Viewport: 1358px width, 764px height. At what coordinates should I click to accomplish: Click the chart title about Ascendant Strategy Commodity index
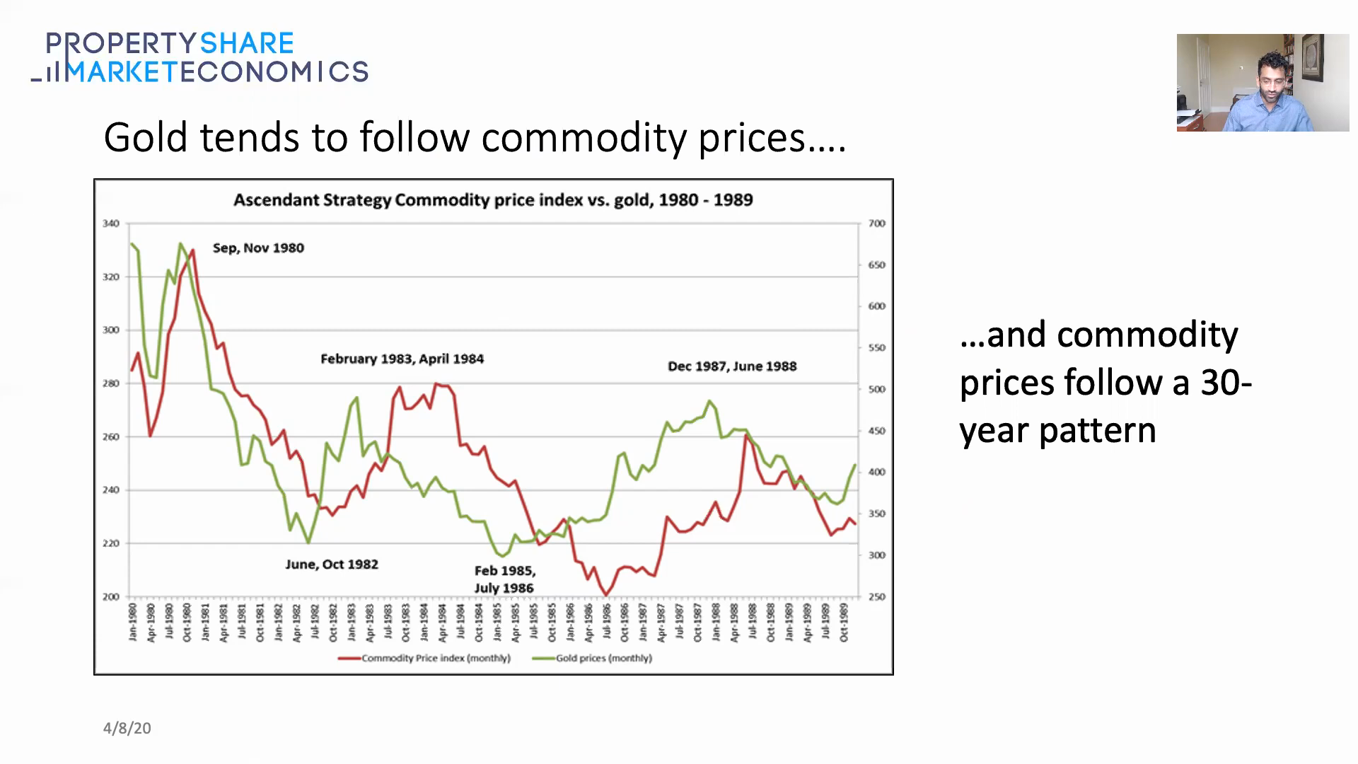point(493,200)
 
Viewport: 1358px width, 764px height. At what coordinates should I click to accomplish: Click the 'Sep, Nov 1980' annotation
point(258,248)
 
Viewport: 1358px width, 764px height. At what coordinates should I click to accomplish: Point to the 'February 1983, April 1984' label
point(402,359)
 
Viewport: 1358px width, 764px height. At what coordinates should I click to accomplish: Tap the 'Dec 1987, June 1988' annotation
point(732,366)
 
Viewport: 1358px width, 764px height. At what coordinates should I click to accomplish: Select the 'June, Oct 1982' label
point(332,565)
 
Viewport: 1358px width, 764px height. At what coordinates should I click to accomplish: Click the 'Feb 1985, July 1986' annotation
point(504,579)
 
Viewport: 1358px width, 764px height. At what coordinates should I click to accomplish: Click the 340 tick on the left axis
point(111,224)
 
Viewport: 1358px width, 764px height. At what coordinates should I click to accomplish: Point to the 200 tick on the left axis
point(111,597)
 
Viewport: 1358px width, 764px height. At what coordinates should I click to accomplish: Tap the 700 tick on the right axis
point(876,224)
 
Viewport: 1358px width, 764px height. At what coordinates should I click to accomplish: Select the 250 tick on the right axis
point(876,597)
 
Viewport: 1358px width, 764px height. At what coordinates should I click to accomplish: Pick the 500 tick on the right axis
point(876,390)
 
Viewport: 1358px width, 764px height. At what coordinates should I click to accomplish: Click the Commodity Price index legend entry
point(424,659)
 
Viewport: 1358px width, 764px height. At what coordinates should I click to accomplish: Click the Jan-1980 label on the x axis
point(132,623)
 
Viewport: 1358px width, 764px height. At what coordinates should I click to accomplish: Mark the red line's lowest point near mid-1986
point(606,595)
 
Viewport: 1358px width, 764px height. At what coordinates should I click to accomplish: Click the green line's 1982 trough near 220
point(308,543)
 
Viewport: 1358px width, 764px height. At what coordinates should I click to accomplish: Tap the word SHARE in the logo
point(246,44)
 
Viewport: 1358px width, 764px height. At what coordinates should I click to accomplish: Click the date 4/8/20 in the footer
point(127,729)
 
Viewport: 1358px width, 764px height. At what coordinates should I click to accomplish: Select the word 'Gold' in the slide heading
point(146,137)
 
